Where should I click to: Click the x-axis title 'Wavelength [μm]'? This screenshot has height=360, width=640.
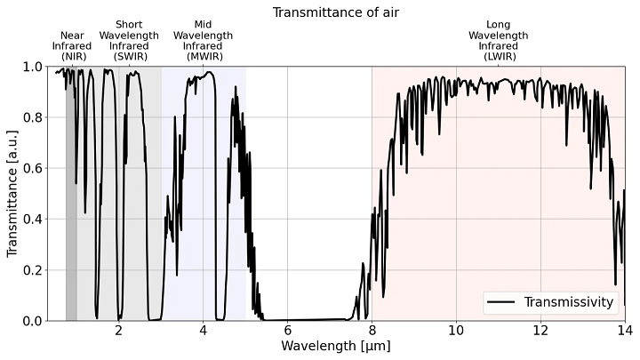click(x=335, y=345)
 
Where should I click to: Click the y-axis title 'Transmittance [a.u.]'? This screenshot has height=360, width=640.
click(x=12, y=193)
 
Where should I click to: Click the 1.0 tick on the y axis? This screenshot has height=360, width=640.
click(x=31, y=67)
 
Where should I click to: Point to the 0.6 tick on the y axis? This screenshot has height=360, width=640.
click(x=31, y=168)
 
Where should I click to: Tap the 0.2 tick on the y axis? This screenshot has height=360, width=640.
click(x=31, y=270)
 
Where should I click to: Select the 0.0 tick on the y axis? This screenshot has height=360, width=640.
click(x=31, y=321)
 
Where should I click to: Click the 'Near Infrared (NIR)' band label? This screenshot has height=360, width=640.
click(x=71, y=45)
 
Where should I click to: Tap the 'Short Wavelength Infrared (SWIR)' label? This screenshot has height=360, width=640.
click(x=129, y=40)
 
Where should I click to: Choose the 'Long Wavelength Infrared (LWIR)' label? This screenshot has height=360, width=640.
click(x=499, y=40)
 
